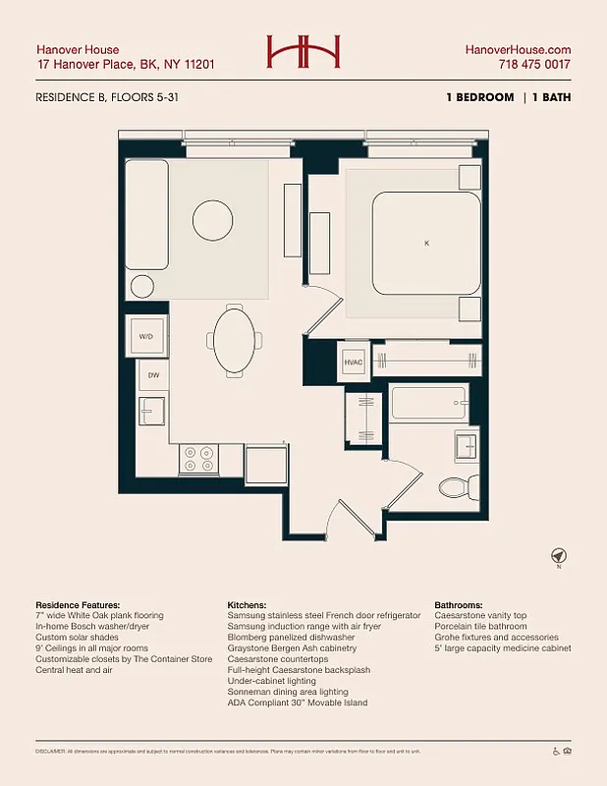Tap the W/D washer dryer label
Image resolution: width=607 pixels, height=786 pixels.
point(145,336)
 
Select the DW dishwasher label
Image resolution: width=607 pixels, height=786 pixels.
point(153,375)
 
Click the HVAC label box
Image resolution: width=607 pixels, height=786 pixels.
point(353,362)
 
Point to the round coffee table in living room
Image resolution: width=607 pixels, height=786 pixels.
point(212,217)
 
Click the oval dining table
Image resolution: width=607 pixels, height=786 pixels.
point(234,340)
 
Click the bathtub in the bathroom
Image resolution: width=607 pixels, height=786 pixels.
point(427,403)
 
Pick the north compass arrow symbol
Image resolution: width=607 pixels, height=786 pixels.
point(558,556)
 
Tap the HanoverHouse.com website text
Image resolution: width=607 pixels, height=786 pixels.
point(518,50)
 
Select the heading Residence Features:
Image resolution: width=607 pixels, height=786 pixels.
point(78,605)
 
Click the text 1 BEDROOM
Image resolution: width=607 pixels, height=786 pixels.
point(478,97)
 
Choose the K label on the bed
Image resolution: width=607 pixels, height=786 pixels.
point(426,243)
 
